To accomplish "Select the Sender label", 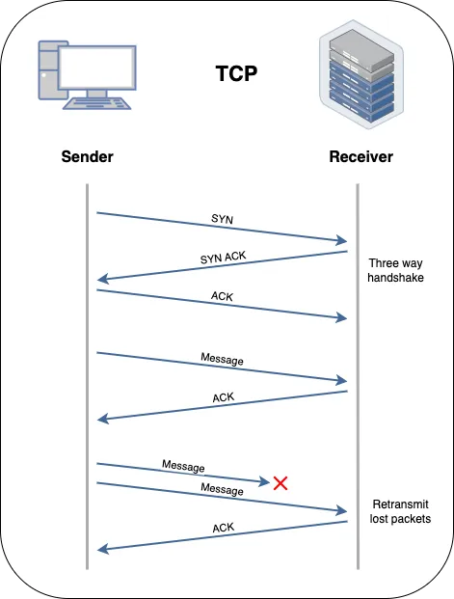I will pyautogui.click(x=87, y=156).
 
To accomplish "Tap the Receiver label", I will pyautogui.click(x=361, y=156).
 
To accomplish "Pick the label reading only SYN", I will pyautogui.click(x=222, y=220).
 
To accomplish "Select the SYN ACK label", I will pyautogui.click(x=222, y=258).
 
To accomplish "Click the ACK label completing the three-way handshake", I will pyautogui.click(x=222, y=297).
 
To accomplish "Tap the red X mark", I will pyautogui.click(x=280, y=482).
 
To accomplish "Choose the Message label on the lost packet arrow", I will pyautogui.click(x=183, y=467).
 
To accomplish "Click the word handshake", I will pyautogui.click(x=395, y=277).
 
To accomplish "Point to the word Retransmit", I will pyautogui.click(x=399, y=504).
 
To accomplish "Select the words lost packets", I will pyautogui.click(x=399, y=519).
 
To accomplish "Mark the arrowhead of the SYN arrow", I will pyautogui.click(x=341, y=241).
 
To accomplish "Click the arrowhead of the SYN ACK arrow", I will pyautogui.click(x=103, y=280).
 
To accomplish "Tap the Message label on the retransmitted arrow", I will pyautogui.click(x=221, y=490).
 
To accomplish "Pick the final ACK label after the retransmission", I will pyautogui.click(x=222, y=528).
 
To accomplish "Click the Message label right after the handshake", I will pyautogui.click(x=222, y=360).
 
